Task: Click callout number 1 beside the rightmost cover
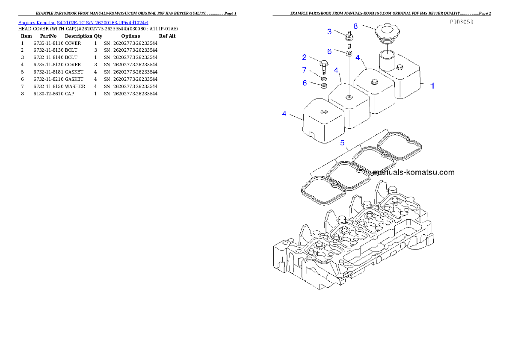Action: click(432, 86)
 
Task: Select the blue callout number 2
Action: click(305, 57)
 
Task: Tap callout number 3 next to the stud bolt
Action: click(329, 31)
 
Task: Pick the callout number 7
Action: click(305, 70)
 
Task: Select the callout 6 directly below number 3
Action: click(329, 51)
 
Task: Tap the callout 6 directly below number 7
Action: click(305, 83)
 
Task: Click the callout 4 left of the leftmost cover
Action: click(284, 113)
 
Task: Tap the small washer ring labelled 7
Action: click(324, 79)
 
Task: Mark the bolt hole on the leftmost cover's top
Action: click(324, 112)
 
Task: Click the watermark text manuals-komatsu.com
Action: click(414, 173)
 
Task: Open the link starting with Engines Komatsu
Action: click(83, 22)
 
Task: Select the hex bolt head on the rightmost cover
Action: click(400, 67)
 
